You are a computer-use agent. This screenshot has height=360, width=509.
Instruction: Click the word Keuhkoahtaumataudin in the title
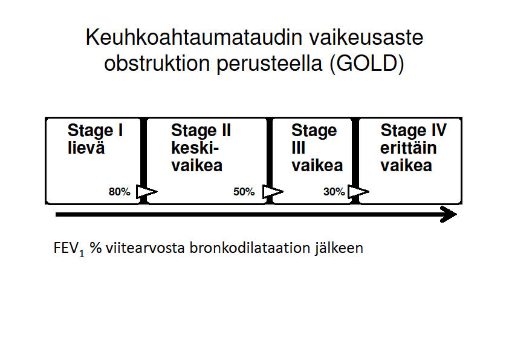tap(194, 37)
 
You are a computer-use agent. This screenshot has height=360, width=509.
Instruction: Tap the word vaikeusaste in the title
tap(366, 37)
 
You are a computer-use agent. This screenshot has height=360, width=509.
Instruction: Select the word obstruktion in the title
tap(157, 63)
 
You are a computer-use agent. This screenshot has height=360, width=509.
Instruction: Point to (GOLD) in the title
tap(367, 64)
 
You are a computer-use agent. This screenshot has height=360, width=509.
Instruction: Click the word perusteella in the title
tap(270, 64)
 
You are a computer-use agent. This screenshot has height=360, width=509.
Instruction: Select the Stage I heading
tap(95, 131)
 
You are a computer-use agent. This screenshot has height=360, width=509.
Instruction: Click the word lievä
tap(86, 148)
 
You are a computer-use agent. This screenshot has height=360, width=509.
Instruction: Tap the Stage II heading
tap(201, 131)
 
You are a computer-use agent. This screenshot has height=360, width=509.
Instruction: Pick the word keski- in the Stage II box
tap(195, 148)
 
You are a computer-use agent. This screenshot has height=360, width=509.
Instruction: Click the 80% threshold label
tap(120, 192)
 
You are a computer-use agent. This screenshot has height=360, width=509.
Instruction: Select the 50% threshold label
tap(244, 192)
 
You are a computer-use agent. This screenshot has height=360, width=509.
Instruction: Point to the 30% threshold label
tap(334, 192)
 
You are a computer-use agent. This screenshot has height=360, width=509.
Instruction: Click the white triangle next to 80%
tap(146, 192)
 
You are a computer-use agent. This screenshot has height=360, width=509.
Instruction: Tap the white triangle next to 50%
tap(272, 192)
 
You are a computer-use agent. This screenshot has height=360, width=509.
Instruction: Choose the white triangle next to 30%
tap(358, 192)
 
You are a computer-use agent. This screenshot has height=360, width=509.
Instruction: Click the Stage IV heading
tap(413, 131)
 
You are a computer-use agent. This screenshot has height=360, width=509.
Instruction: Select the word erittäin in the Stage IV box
tap(409, 148)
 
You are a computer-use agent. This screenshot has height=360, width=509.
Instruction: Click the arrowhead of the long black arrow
tap(449, 214)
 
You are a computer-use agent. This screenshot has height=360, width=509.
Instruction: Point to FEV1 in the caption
tap(69, 249)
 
